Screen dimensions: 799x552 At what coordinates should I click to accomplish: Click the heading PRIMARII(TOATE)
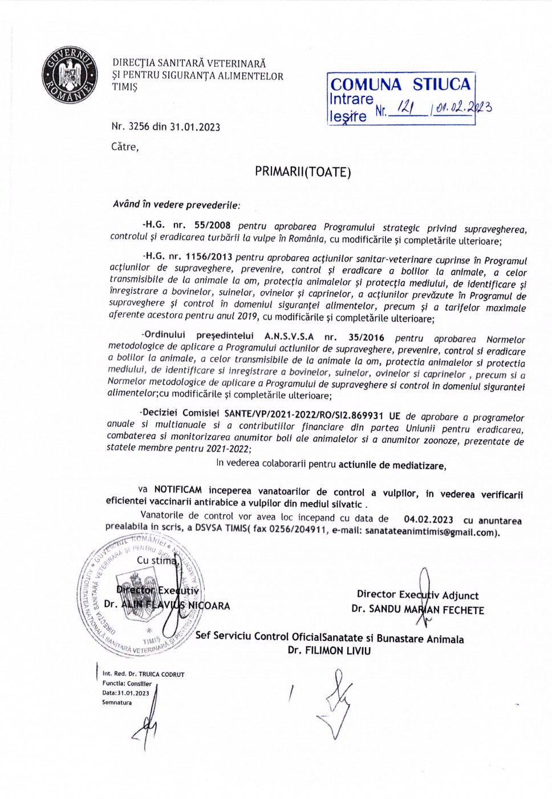coord(303,172)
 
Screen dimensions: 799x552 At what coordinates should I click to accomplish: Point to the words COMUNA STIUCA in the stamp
coord(400,84)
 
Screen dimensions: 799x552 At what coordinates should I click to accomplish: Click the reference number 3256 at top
coord(140,127)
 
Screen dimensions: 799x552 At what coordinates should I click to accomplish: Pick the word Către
coord(124,147)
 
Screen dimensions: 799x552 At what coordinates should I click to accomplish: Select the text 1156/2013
coord(209,257)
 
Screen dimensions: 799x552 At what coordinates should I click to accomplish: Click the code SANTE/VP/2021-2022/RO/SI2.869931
coord(303,414)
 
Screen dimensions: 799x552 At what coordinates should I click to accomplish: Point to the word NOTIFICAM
coord(178,490)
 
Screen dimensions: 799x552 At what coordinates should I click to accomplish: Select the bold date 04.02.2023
coord(428,519)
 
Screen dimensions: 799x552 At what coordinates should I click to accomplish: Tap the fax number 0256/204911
coord(298,530)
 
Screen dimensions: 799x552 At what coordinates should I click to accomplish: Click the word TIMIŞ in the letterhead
coord(125,87)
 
